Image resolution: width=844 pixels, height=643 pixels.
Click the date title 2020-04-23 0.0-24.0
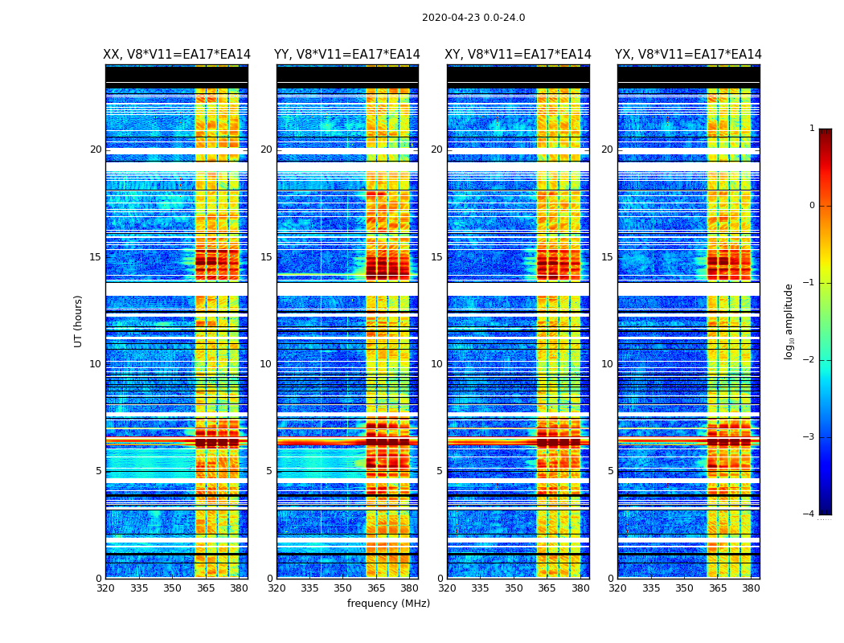(x=473, y=18)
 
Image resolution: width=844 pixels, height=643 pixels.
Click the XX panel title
(x=177, y=55)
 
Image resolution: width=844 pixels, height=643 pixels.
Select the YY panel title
(x=347, y=55)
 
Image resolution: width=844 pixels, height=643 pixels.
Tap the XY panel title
(x=518, y=55)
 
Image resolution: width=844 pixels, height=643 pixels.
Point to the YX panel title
(x=688, y=55)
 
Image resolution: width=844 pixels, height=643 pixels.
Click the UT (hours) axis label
(x=79, y=321)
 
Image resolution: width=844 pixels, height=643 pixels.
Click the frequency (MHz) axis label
(x=388, y=604)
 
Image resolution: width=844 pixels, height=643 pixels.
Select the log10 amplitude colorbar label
(x=789, y=321)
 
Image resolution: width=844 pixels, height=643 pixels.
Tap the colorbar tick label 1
(x=812, y=129)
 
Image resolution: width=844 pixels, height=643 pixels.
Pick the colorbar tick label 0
(x=812, y=206)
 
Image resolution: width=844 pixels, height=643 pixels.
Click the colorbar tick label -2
(x=810, y=360)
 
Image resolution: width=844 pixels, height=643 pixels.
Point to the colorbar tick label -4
(x=810, y=514)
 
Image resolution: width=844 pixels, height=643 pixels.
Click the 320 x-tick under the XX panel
(x=105, y=588)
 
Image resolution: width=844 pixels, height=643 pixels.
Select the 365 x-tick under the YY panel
(x=376, y=588)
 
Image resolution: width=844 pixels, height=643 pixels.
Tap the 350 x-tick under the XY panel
(x=514, y=588)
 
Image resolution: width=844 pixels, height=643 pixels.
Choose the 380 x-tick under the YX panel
(x=751, y=588)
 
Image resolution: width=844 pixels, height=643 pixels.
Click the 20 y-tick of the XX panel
(x=96, y=149)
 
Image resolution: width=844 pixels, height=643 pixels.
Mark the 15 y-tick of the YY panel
(x=266, y=257)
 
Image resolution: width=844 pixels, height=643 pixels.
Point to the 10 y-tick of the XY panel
(x=436, y=364)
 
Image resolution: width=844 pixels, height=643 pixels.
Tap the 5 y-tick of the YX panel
(x=610, y=471)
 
